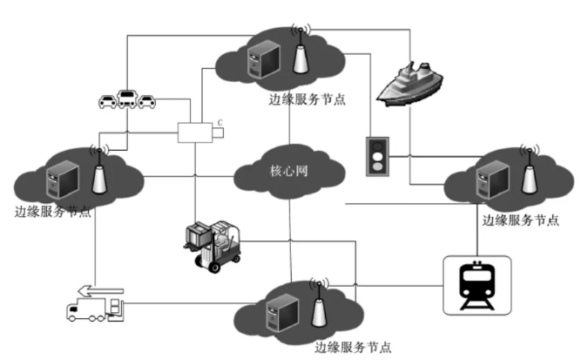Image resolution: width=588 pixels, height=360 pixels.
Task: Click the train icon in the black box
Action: (476, 284)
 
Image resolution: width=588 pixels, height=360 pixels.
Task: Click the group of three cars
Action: (127, 100)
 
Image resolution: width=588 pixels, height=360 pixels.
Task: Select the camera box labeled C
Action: (199, 132)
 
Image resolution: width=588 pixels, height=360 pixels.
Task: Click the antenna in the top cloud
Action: (299, 54)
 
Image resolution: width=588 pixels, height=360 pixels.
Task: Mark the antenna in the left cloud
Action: (98, 173)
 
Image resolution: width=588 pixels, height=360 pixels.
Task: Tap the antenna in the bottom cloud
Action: (317, 304)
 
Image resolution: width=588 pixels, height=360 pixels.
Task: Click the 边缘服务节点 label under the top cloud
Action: (308, 98)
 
